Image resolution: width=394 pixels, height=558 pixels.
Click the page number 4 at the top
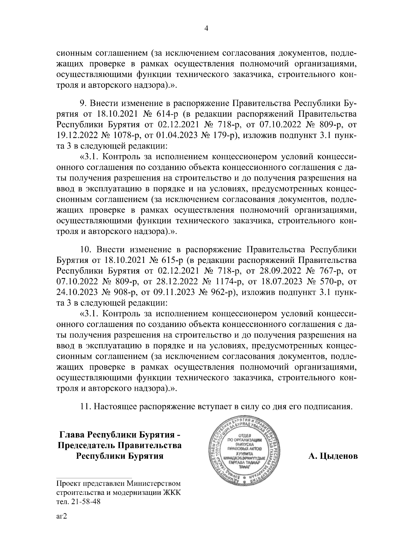[x=206, y=29]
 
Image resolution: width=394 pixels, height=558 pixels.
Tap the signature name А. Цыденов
[x=333, y=456]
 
